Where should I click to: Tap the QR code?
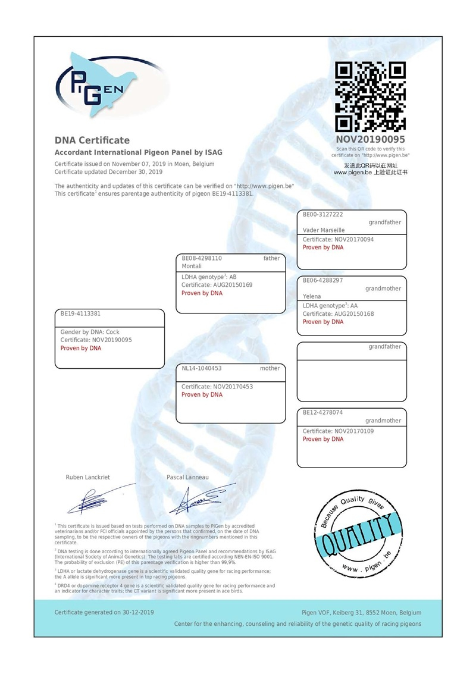pyautogui.click(x=371, y=97)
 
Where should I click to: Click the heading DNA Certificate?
pyautogui.click(x=92, y=140)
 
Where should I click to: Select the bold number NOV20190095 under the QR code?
pyautogui.click(x=371, y=139)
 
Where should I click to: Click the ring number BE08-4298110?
pyautogui.click(x=202, y=258)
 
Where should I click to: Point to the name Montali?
pyautogui.click(x=192, y=266)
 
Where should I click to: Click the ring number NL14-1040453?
pyautogui.click(x=201, y=368)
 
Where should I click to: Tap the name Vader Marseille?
pyautogui.click(x=323, y=230)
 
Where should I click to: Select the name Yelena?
pyautogui.click(x=312, y=296)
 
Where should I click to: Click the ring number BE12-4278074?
pyautogui.click(x=322, y=412)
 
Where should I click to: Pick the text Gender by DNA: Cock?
pyautogui.click(x=90, y=332)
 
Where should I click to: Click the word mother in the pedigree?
pyautogui.click(x=270, y=368)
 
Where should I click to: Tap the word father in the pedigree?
pyautogui.click(x=271, y=258)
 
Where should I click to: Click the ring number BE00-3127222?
pyautogui.click(x=322, y=214)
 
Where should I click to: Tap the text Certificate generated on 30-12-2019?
pyautogui.click(x=104, y=612)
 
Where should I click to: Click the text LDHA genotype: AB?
pyautogui.click(x=209, y=277)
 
